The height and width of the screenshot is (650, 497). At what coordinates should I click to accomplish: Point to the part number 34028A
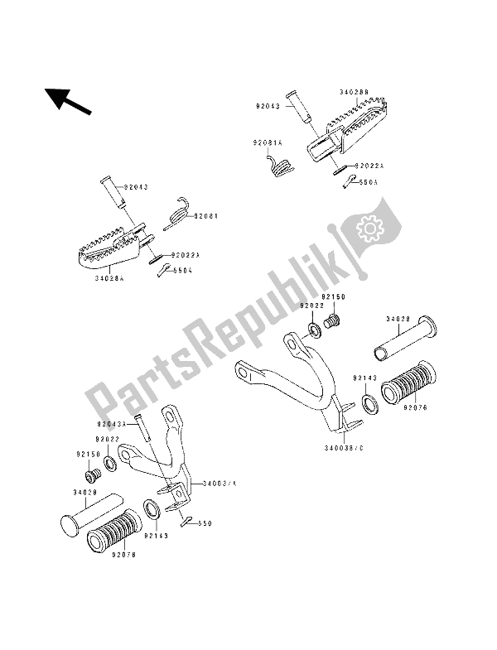(109, 280)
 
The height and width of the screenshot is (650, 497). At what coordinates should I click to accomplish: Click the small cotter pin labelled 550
(186, 519)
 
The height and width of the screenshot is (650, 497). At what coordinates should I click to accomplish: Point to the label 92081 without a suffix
(206, 215)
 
